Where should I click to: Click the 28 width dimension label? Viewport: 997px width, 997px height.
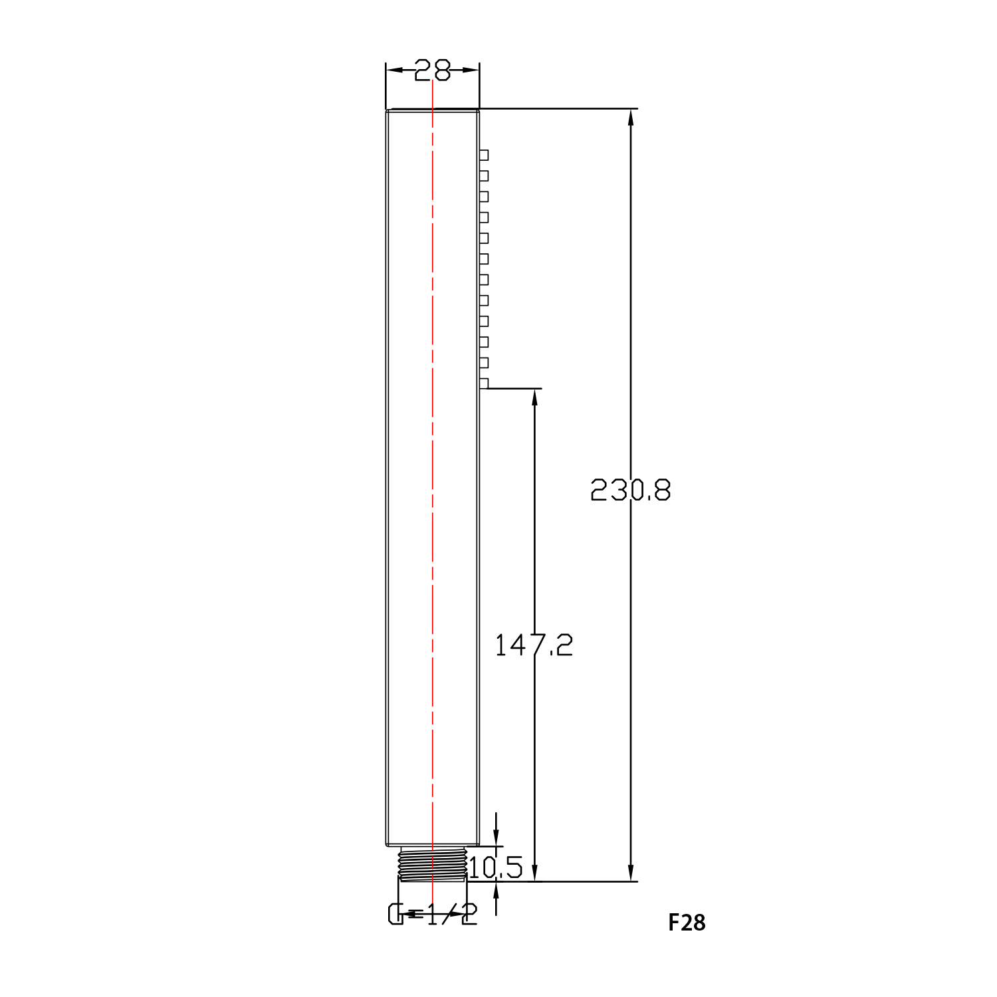[x=432, y=70]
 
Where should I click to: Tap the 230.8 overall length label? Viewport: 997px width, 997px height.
[x=631, y=491]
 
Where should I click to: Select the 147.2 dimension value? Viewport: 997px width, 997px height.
[x=534, y=645]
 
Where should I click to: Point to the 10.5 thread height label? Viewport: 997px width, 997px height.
[x=496, y=867]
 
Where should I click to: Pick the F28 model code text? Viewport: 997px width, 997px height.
[x=687, y=923]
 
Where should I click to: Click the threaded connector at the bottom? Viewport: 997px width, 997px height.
[x=432, y=864]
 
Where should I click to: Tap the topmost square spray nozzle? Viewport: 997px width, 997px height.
[x=484, y=155]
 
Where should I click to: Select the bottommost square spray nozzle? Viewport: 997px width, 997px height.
[x=484, y=384]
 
